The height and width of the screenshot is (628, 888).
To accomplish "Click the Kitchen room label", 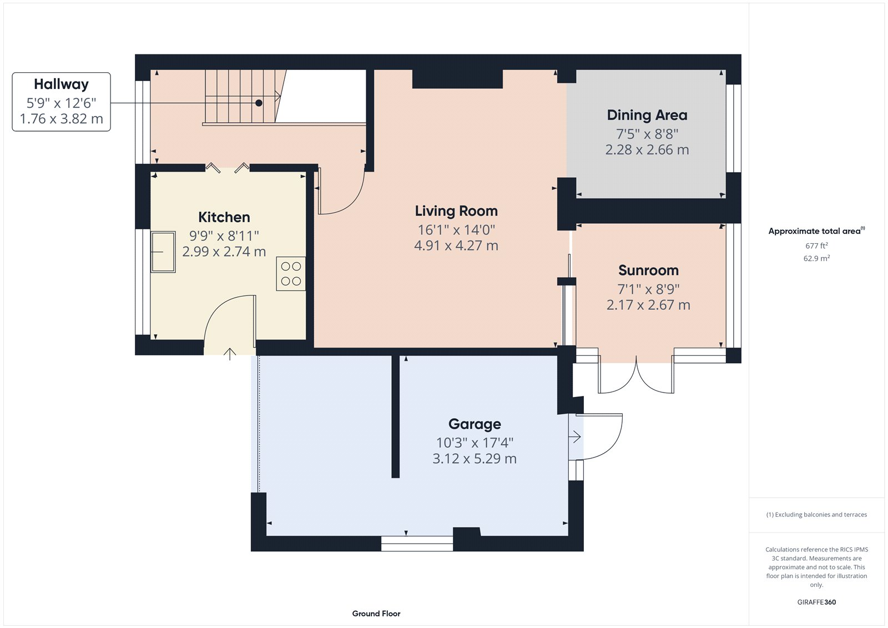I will [x=224, y=217].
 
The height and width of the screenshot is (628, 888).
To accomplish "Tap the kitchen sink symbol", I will [x=163, y=252].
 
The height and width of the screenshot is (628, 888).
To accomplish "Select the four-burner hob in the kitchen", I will [x=291, y=274].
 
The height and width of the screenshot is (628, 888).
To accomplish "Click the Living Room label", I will [x=456, y=211].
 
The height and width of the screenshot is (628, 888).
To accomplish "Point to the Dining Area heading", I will [x=647, y=115].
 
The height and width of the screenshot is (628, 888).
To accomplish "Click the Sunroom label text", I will [x=648, y=270].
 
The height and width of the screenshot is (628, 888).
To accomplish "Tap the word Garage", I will [x=475, y=424].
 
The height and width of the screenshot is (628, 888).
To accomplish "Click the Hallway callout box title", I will [x=61, y=84].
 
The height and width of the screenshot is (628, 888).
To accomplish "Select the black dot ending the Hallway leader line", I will [x=259, y=103].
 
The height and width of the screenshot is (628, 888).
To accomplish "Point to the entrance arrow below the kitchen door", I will [x=230, y=354].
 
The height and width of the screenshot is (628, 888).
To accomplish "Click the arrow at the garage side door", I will [x=574, y=437].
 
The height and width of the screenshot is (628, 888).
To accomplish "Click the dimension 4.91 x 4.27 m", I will [x=456, y=245].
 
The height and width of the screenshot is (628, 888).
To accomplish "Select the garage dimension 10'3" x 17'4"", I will [x=475, y=443].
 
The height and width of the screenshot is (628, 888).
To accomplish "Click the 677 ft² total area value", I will [x=816, y=245].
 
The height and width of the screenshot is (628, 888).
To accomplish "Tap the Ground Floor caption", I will [x=376, y=614].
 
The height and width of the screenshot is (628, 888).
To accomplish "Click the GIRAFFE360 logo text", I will [x=816, y=602].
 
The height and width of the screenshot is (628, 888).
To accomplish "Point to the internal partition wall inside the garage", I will [x=396, y=416].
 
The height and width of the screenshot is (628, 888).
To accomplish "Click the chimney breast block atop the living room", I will [x=457, y=79].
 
